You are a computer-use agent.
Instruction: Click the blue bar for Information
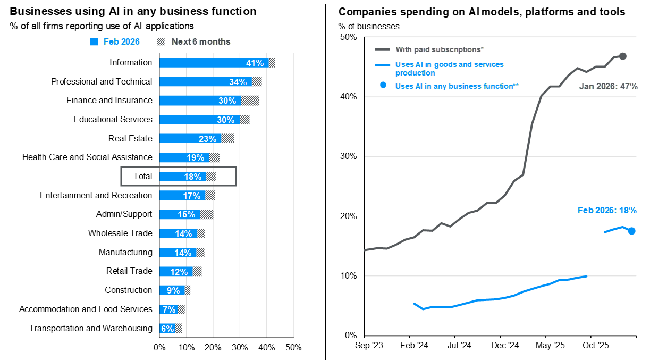point(213,63)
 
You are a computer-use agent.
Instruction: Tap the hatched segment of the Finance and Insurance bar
point(250,101)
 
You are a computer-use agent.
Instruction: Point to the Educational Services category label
point(113,120)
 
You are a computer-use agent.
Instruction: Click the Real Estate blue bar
point(190,139)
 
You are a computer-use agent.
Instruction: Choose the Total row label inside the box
point(142,177)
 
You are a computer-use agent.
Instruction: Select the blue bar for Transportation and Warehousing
point(167,329)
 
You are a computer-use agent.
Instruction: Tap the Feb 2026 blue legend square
point(94,42)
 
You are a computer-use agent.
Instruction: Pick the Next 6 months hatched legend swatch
point(161,42)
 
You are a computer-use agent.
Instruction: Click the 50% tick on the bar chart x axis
point(293,348)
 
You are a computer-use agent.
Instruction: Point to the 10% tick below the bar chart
point(186,348)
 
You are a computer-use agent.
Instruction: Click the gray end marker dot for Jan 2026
point(623,56)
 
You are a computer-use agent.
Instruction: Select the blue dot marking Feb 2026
point(631,231)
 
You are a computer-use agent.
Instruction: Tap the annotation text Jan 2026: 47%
point(608,86)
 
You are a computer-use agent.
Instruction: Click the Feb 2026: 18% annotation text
point(607,211)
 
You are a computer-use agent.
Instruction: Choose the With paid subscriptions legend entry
point(439,49)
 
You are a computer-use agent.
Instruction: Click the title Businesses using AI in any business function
point(133,11)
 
